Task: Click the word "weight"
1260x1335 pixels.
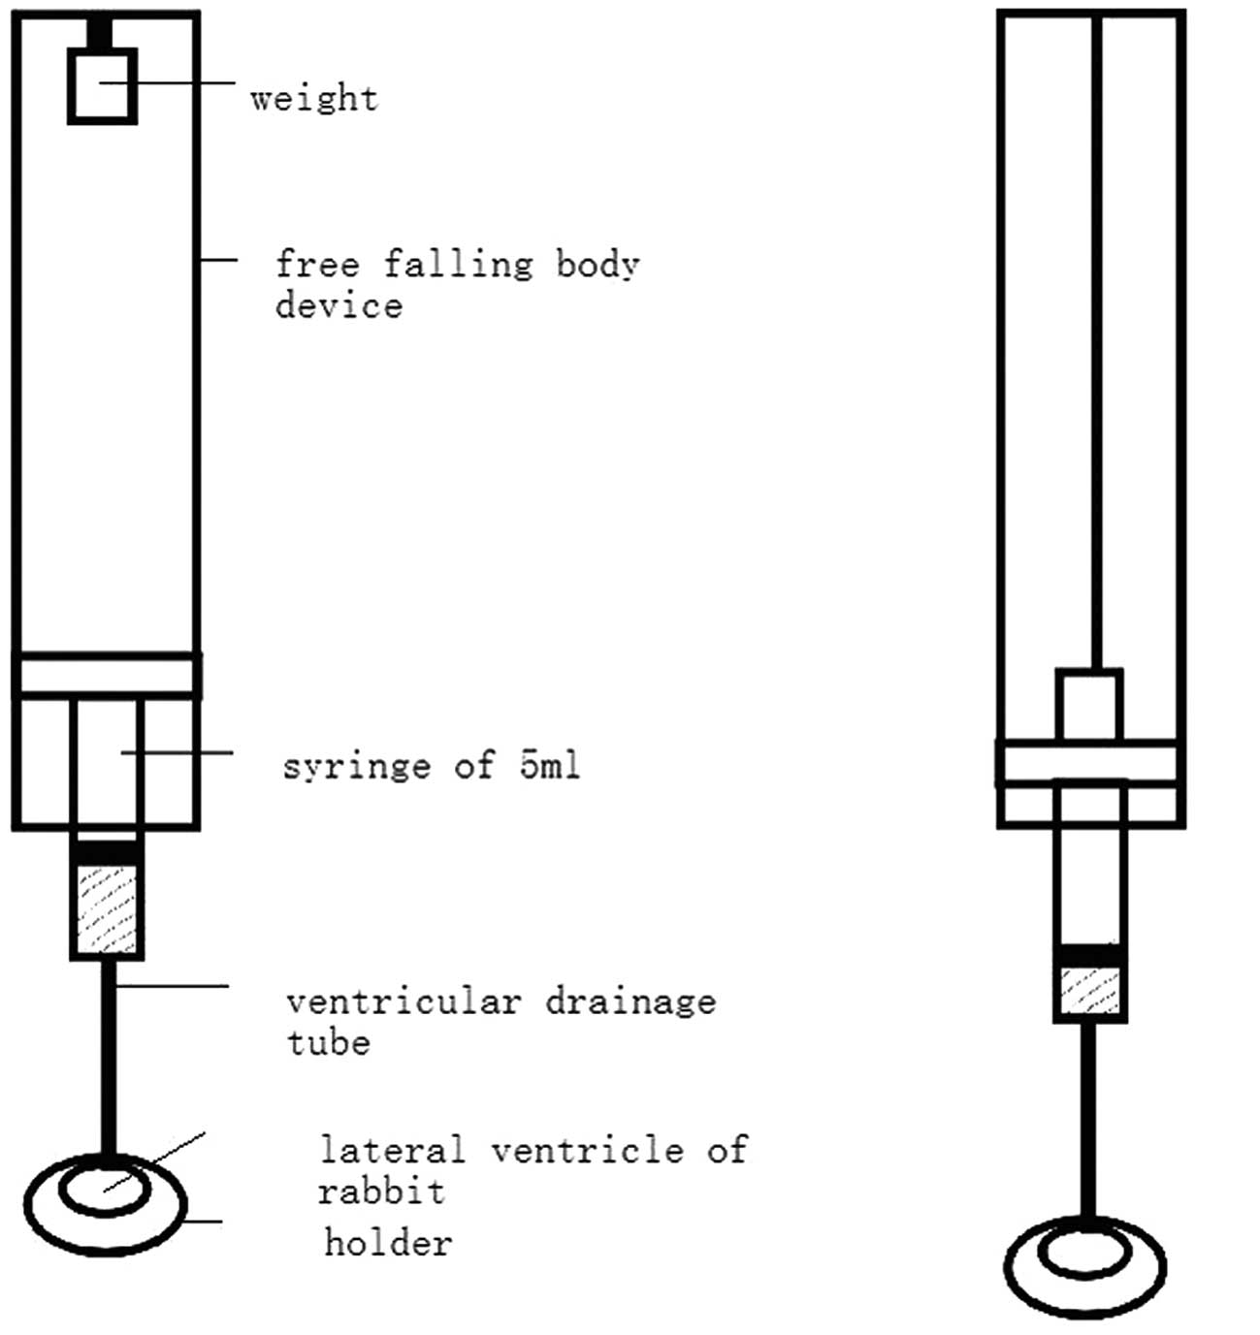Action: (313, 98)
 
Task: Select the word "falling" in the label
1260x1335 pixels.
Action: (458, 264)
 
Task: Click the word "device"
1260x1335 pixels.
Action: (339, 305)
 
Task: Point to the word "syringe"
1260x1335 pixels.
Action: (356, 766)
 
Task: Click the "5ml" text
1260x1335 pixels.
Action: (549, 765)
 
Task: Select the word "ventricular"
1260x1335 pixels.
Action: (404, 1001)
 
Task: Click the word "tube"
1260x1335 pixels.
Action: (329, 1042)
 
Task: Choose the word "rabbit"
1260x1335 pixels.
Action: (381, 1191)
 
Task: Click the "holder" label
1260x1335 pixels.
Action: (388, 1242)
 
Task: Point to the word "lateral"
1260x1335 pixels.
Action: (393, 1150)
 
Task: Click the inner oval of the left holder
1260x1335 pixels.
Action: (106, 1187)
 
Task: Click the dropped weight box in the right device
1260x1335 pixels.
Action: (1089, 705)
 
